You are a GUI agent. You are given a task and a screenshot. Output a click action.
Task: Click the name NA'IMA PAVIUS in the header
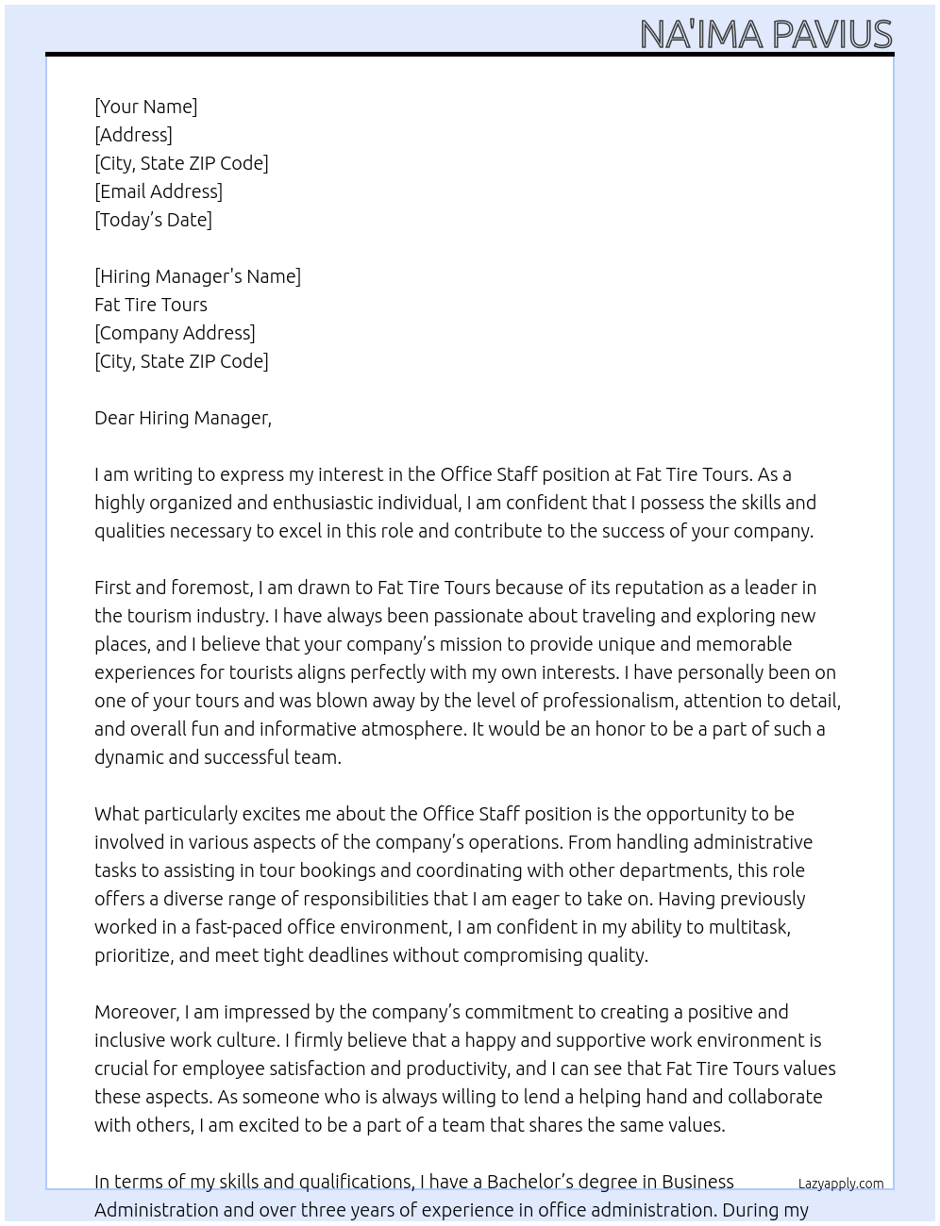click(x=765, y=35)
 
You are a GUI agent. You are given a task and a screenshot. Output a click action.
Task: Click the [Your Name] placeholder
click(x=145, y=107)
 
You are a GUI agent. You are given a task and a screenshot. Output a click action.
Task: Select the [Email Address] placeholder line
click(x=159, y=191)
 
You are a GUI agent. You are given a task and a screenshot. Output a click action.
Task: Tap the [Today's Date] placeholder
click(x=153, y=220)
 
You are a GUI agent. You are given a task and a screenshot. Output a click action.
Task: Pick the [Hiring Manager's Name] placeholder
click(x=197, y=276)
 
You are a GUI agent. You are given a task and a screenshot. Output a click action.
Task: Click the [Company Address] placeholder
click(x=175, y=333)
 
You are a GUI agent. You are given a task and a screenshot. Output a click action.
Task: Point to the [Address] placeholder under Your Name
click(x=133, y=135)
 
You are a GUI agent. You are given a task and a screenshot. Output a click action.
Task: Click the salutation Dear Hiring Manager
click(x=182, y=418)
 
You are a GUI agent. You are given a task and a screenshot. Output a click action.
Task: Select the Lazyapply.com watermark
click(x=840, y=1184)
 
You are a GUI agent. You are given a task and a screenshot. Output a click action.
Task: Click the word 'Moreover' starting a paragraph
click(x=136, y=1012)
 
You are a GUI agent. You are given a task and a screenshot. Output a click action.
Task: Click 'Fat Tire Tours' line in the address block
click(x=151, y=305)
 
